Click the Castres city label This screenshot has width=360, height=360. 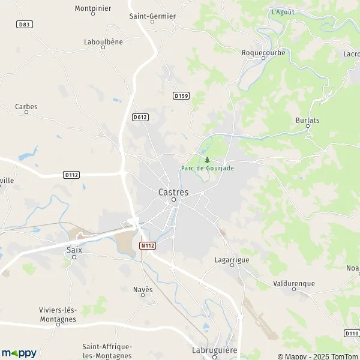(173, 192)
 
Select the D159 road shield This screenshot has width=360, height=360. (181, 95)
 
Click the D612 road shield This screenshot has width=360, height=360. (140, 117)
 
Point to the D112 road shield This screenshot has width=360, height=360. (71, 175)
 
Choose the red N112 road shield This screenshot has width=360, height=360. (147, 245)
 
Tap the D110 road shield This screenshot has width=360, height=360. (352, 333)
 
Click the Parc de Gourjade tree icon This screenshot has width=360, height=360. (207, 160)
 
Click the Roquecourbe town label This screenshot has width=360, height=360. (263, 52)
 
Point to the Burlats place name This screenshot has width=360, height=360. (307, 120)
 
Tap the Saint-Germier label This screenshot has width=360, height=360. (152, 16)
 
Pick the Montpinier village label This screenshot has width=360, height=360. (92, 8)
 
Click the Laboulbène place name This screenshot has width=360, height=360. (103, 42)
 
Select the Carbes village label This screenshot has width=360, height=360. (26, 107)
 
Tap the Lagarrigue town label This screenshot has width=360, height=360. (232, 260)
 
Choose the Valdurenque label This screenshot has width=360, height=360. (293, 283)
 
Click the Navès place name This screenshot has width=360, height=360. (143, 289)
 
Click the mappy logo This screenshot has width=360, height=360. (19, 353)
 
